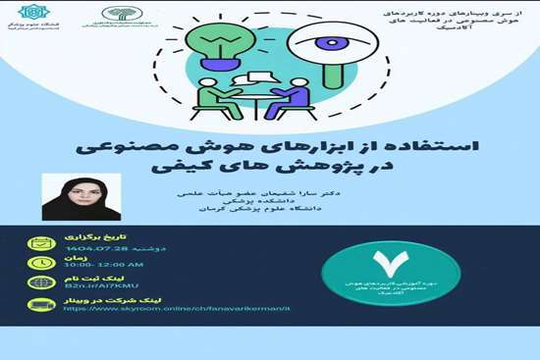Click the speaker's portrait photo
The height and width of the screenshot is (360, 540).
point(81,196)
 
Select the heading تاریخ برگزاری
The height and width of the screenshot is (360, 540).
point(87,238)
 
